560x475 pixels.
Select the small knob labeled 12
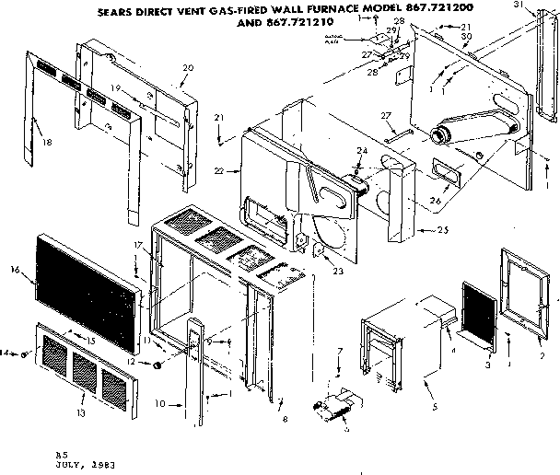(x=159, y=365)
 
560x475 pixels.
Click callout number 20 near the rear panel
(x=188, y=68)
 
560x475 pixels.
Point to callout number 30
(x=467, y=36)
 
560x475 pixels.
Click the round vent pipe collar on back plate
(x=442, y=136)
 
